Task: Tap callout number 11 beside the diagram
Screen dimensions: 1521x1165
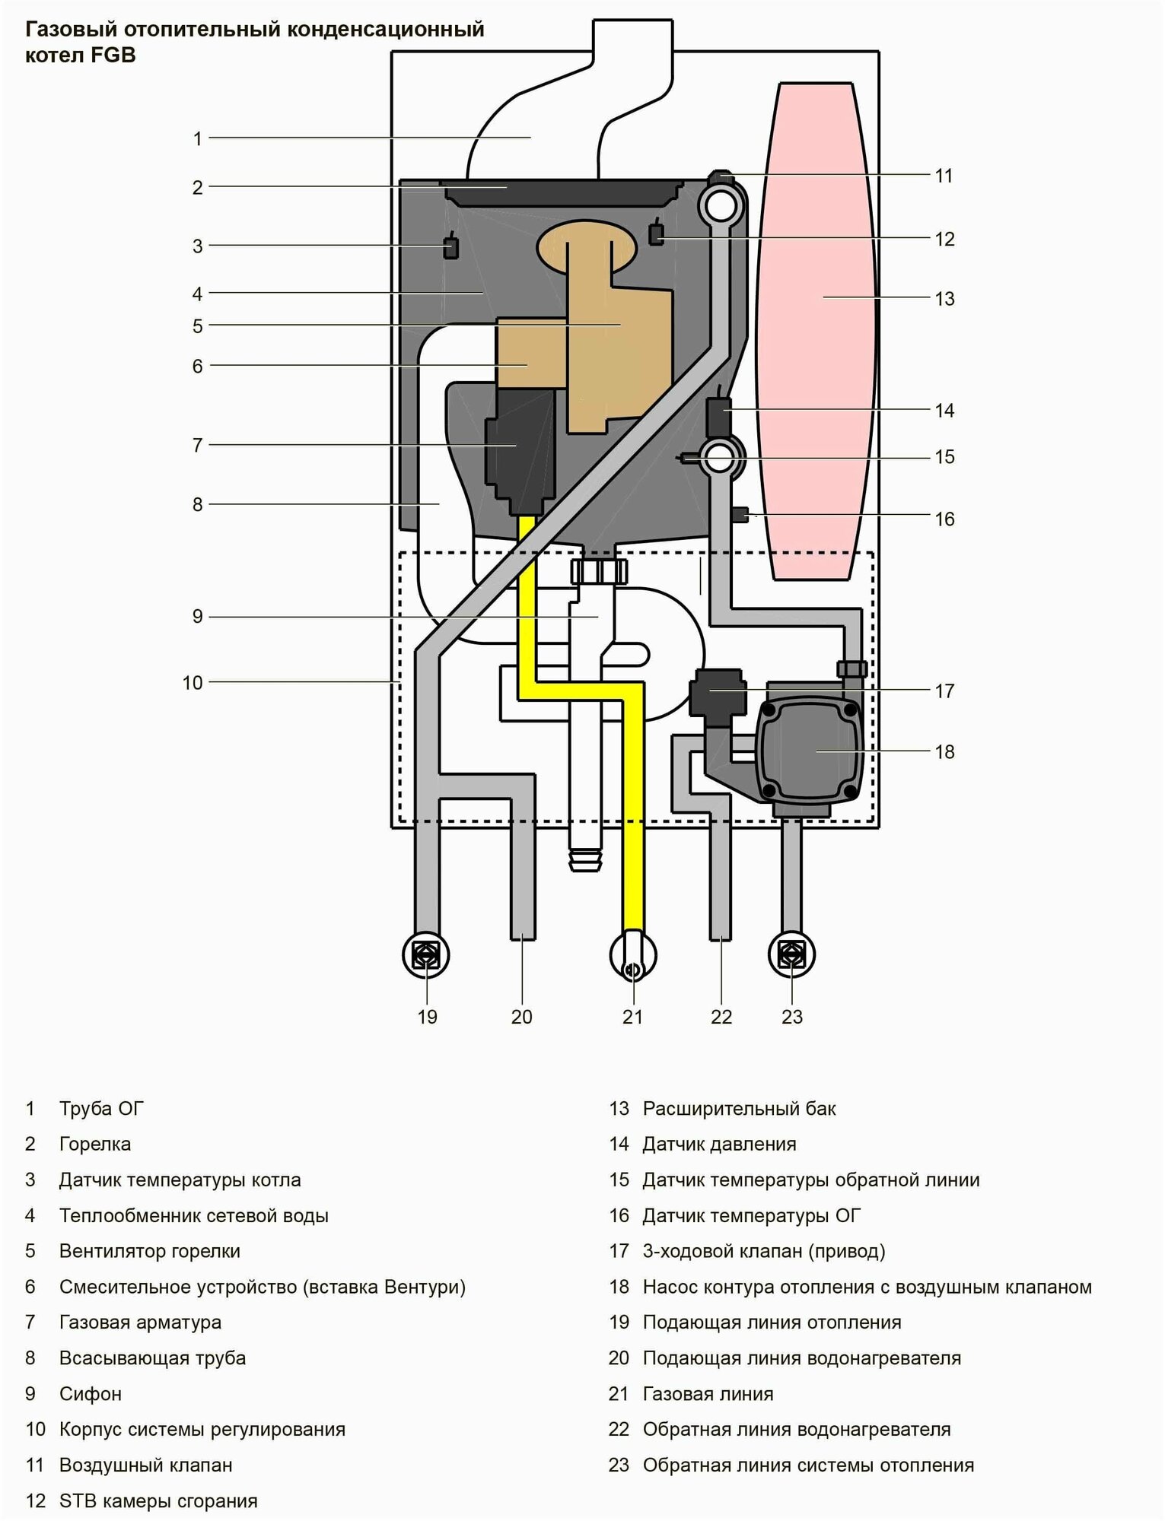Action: [x=944, y=176]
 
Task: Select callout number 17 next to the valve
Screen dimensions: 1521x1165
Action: [x=944, y=691]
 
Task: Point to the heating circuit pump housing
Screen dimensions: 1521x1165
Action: [x=808, y=751]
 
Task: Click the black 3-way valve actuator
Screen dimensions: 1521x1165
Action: [x=715, y=691]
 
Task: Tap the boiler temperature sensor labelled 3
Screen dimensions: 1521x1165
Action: [x=450, y=247]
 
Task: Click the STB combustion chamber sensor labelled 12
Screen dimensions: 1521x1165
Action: [x=656, y=233]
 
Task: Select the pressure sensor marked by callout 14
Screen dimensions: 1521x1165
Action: [x=718, y=415]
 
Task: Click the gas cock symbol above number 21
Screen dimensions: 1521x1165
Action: [x=633, y=957]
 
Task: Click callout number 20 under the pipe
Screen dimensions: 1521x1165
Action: [x=522, y=1017]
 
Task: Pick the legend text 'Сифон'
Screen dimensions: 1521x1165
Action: [x=91, y=1394]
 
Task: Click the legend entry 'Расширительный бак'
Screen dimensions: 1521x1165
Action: [x=739, y=1109]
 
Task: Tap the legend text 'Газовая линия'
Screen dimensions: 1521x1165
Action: [x=708, y=1394]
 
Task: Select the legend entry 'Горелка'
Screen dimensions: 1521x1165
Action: [x=95, y=1144]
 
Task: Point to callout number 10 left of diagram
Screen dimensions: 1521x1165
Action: [x=193, y=683]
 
